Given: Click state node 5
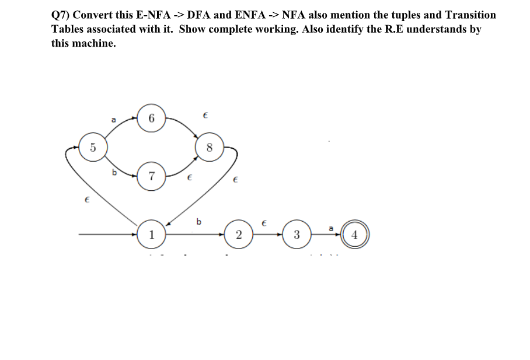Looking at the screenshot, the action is tap(92, 147).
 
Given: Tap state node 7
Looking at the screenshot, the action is tap(151, 176).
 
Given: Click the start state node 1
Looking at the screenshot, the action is tap(151, 235).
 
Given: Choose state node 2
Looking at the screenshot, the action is tap(239, 235).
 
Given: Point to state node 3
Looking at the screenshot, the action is tap(297, 235).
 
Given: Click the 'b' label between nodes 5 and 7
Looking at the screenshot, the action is tap(114, 172).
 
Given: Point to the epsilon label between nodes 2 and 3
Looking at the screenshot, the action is tap(264, 223).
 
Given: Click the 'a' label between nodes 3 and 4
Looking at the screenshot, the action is tap(331, 228).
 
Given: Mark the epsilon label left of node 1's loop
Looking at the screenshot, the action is tap(86, 200).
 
